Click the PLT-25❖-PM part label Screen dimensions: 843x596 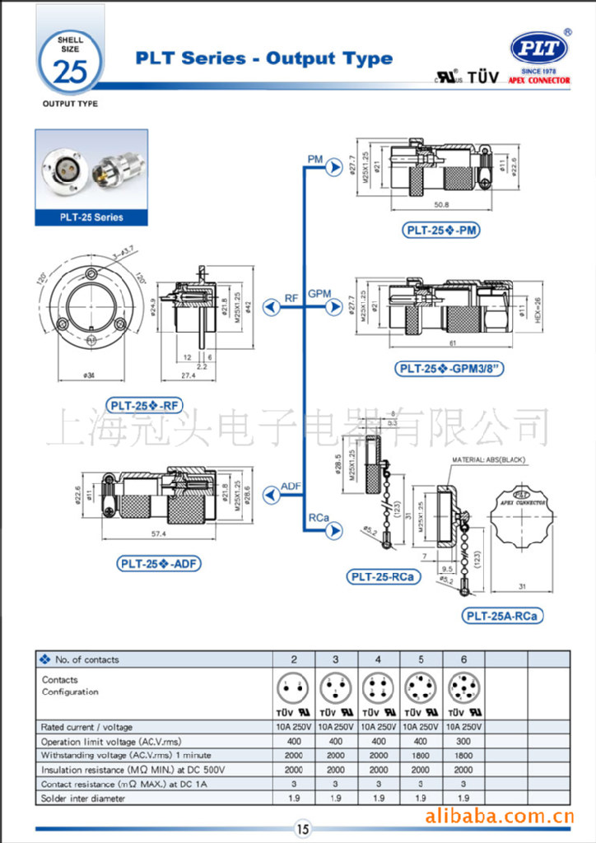[442, 231]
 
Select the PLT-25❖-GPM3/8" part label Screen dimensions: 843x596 [450, 369]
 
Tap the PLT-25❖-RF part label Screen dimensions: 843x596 [144, 404]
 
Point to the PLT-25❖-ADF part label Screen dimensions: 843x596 [160, 564]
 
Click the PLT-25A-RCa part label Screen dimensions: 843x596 [503, 615]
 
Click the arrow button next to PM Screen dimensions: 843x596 [333, 168]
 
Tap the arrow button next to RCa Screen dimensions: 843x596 [333, 531]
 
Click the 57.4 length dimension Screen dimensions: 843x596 [159, 534]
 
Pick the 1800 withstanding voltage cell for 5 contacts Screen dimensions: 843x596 [421, 755]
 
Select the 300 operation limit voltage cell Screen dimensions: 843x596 [463, 741]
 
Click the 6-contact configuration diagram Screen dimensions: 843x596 [463, 686]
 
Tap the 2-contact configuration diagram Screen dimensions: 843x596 [293, 686]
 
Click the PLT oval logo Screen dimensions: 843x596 [539, 49]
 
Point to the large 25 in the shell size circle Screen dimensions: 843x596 [69, 71]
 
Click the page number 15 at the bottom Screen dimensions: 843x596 [302, 829]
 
